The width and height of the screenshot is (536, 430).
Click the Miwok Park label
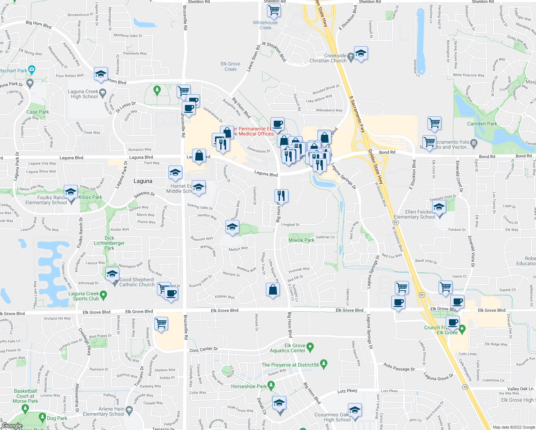coord(301,240)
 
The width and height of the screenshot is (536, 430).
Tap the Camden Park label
coord(482,124)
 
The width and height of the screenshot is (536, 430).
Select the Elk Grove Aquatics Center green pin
coord(310,347)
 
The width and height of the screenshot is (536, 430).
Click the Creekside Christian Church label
coord(328,58)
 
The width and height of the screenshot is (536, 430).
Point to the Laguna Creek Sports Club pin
coord(104,295)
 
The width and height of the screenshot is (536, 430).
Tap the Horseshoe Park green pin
coord(271,386)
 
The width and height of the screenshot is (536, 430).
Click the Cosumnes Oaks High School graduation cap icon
coord(355,410)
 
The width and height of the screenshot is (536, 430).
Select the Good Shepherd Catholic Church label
coord(137,282)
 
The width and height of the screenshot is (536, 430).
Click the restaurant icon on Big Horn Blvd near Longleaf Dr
coord(281,196)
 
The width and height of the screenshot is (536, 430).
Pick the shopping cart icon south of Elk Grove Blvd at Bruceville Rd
coord(161,323)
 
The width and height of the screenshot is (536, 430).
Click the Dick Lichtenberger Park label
coord(109,243)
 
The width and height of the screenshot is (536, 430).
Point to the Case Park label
coord(38,112)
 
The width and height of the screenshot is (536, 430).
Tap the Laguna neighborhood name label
coord(143,181)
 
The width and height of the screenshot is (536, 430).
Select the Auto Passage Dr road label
coord(399,367)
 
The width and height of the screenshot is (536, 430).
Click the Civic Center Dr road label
coord(204,349)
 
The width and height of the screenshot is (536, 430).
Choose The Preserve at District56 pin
coord(324,364)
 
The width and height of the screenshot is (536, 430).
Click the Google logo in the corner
coord(12,426)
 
